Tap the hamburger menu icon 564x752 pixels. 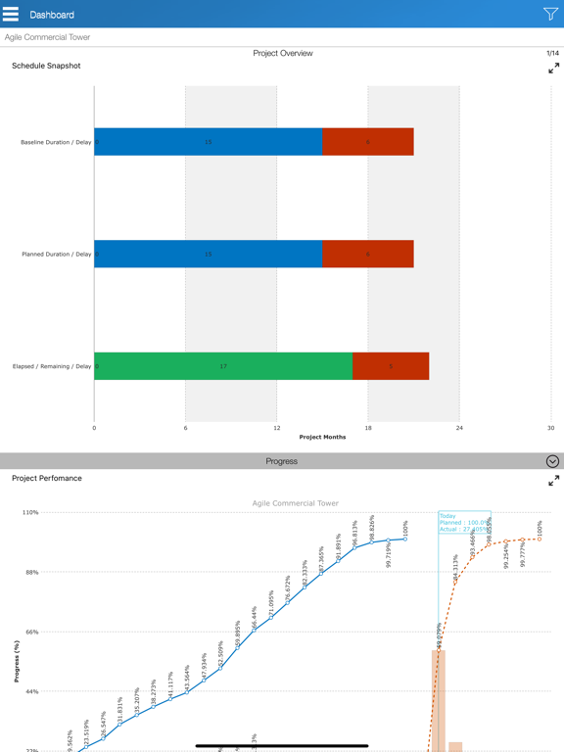(x=11, y=15)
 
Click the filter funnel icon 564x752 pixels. (x=550, y=14)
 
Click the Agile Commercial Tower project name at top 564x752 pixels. (x=47, y=37)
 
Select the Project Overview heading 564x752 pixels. (x=282, y=54)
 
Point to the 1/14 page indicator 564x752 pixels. (x=552, y=54)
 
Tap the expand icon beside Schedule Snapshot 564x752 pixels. (x=553, y=69)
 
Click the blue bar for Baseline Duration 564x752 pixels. (x=208, y=142)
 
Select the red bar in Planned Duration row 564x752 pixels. (x=368, y=254)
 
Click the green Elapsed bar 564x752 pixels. (x=223, y=366)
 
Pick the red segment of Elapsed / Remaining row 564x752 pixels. (x=391, y=366)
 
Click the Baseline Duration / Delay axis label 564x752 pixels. (x=56, y=143)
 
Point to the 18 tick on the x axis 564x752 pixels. (x=368, y=428)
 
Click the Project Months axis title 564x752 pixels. (x=322, y=438)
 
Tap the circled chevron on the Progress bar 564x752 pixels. (x=552, y=461)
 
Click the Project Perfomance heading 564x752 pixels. (x=47, y=479)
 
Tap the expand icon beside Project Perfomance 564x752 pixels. (x=553, y=481)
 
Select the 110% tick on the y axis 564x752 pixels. (x=30, y=512)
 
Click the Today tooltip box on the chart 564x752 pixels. (x=464, y=522)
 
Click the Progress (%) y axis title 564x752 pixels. (x=17, y=661)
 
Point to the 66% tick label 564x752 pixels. (x=31, y=632)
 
